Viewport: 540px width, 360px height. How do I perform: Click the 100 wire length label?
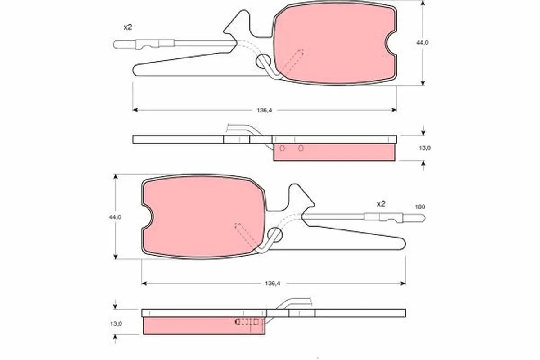click(x=419, y=207)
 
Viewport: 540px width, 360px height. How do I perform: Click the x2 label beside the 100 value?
click(x=381, y=204)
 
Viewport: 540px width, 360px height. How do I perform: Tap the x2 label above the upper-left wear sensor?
click(x=128, y=27)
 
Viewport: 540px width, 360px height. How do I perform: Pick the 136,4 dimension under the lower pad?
click(x=274, y=283)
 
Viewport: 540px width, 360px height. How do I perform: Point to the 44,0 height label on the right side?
click(x=423, y=43)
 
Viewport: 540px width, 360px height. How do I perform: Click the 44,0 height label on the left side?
click(x=116, y=217)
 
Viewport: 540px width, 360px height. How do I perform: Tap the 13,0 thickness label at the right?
click(x=424, y=148)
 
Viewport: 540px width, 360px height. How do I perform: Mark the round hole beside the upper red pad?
click(x=262, y=62)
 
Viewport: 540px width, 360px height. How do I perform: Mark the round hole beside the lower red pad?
click(x=274, y=234)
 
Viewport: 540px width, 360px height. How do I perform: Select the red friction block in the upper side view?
click(x=334, y=152)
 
